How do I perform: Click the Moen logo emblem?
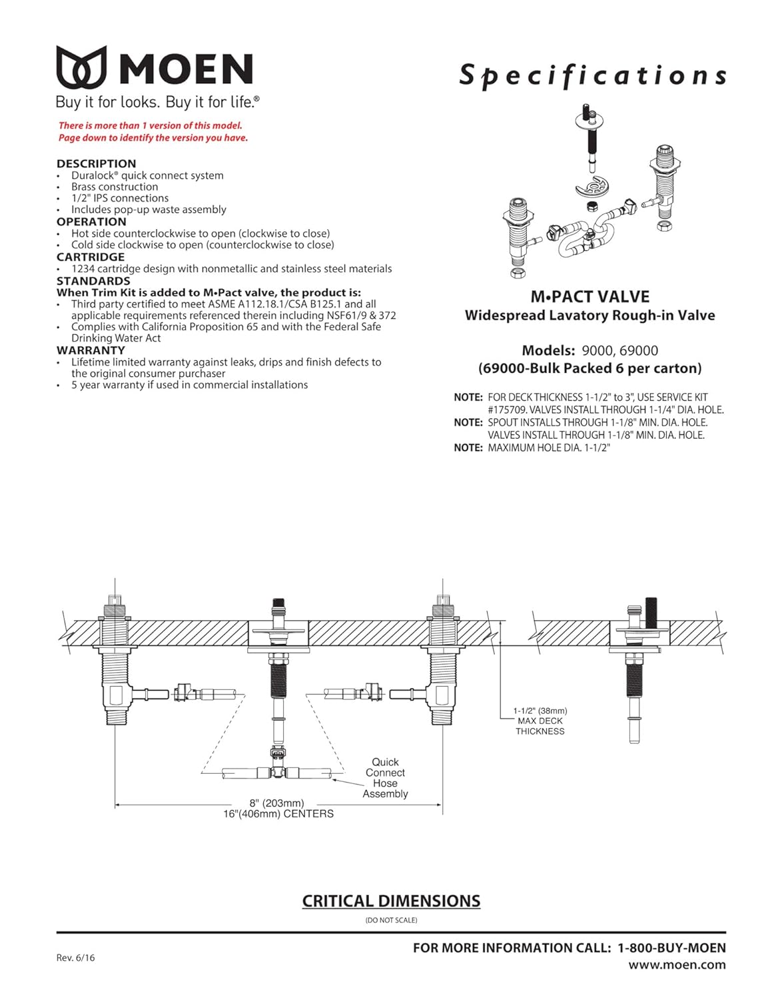point(81,67)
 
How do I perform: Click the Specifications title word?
point(592,75)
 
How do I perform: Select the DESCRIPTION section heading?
point(96,163)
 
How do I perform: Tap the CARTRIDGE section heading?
point(91,257)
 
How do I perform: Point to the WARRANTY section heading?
point(91,350)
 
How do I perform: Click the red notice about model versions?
point(153,132)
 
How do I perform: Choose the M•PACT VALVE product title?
point(589,297)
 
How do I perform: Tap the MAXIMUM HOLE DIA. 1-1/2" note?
point(549,448)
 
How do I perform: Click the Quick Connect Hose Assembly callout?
point(385,778)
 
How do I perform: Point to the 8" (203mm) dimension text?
point(276,803)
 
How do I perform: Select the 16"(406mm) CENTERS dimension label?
point(278,814)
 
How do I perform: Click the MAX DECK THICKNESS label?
point(540,726)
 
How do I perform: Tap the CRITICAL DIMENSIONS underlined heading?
point(391,901)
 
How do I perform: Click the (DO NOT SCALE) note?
point(391,920)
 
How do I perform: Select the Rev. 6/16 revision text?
point(75,958)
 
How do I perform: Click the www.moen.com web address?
point(677,965)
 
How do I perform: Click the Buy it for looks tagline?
point(157,102)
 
